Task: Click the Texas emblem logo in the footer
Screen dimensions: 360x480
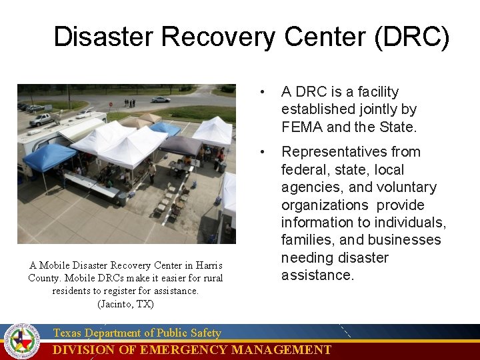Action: coord(22,341)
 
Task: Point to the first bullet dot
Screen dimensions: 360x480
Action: coord(265,92)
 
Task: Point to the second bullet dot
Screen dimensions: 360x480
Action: coord(265,152)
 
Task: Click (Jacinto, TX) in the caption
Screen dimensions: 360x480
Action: coord(125,304)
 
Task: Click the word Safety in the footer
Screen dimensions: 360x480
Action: coord(203,333)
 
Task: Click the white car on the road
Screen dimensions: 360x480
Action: coord(160,99)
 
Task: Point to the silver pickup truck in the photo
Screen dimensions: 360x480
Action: coord(41,119)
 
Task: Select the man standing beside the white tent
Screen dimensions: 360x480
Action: coord(152,172)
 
